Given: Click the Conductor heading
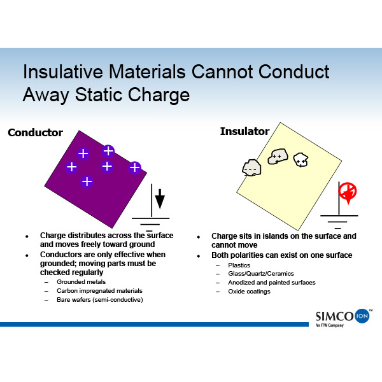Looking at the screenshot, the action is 35,132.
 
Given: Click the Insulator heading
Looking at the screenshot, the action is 244,131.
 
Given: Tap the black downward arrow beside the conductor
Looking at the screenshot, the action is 160,199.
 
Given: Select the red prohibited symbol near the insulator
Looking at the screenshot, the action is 348,192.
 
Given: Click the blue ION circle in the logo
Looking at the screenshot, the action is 362,316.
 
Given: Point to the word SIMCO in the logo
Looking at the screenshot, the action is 334,316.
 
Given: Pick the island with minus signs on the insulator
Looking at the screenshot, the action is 251,167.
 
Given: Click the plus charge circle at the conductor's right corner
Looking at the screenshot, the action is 135,167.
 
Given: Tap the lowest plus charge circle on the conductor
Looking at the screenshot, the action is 87,181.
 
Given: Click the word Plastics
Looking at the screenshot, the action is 239,265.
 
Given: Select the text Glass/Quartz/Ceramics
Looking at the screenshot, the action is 261,274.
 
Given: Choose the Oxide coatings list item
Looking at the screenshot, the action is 249,292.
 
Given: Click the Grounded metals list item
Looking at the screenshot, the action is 81,282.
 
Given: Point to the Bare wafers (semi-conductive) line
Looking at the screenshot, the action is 100,300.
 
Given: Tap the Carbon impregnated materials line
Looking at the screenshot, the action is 99,291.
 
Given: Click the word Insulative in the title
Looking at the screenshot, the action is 63,72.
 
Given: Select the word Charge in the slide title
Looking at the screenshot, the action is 159,95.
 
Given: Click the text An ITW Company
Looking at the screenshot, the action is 330,325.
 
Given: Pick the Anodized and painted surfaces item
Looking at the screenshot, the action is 272,283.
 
